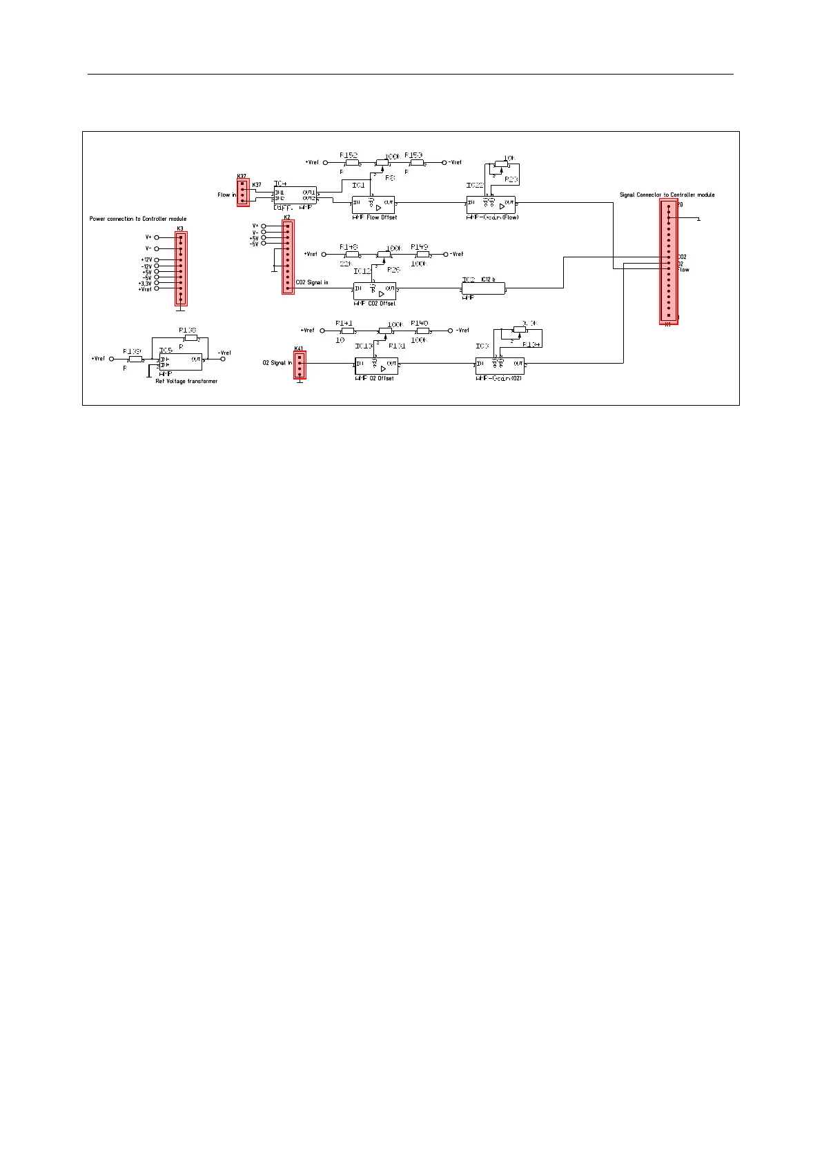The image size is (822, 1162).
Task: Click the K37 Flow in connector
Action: (x=242, y=194)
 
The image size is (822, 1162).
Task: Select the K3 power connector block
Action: (x=180, y=268)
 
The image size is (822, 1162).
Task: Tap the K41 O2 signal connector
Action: (x=299, y=365)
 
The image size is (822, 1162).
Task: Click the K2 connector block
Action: (x=288, y=257)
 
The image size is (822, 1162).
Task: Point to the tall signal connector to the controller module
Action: (x=668, y=263)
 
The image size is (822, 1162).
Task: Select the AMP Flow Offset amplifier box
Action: (x=373, y=205)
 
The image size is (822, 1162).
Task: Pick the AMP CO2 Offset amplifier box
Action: (x=375, y=291)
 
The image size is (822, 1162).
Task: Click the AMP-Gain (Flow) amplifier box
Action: (x=491, y=205)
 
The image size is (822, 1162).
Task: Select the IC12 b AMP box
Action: (x=483, y=289)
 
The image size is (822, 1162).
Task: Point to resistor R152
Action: (x=352, y=164)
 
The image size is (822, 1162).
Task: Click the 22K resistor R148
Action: (x=351, y=254)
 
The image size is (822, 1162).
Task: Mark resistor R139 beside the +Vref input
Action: (x=135, y=359)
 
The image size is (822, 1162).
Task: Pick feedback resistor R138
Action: (x=190, y=338)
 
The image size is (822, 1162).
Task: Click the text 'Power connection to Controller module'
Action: (x=138, y=219)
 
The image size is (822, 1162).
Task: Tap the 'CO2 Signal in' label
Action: (x=312, y=283)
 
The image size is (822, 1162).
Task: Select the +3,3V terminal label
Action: (x=144, y=283)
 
